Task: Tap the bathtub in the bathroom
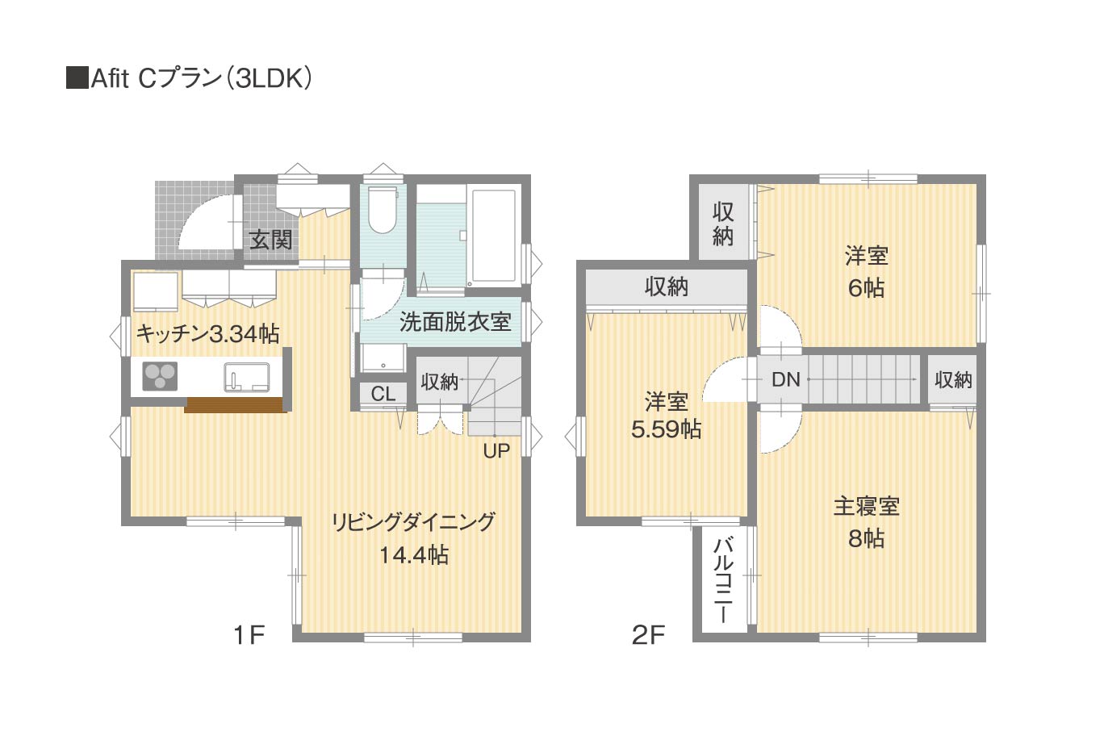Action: pos(495,236)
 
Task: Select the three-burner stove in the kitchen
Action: pos(160,377)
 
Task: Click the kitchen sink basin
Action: pos(247,377)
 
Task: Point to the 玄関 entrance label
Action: pos(271,240)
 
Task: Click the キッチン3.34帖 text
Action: pos(208,334)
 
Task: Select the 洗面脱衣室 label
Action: pos(455,322)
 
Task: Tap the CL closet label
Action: pos(383,394)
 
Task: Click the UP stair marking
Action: pos(496,450)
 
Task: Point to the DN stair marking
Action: pos(785,379)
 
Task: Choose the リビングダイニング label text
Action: pos(413,522)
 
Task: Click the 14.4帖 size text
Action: pos(414,555)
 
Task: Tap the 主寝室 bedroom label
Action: pos(867,506)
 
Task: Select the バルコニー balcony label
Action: pos(723,581)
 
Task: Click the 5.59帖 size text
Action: pos(667,429)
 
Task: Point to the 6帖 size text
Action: pos(867,288)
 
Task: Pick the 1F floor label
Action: pos(250,635)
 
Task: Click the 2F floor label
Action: pos(649,635)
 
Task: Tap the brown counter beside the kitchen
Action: pos(236,404)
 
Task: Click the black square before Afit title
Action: pos(77,78)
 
